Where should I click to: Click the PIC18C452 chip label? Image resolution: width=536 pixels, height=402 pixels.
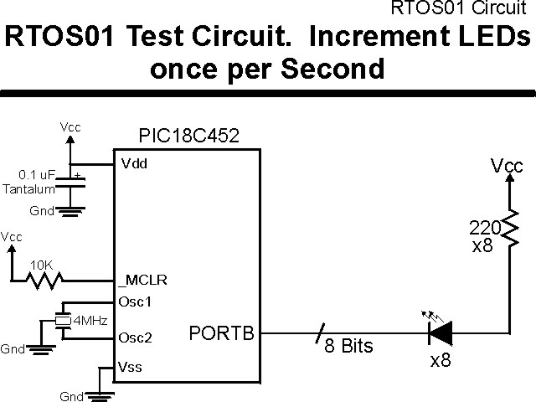[188, 136]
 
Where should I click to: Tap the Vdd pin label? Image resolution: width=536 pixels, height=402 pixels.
[134, 163]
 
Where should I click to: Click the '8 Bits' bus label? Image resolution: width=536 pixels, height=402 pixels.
[348, 345]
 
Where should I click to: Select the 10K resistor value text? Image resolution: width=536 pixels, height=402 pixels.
[41, 265]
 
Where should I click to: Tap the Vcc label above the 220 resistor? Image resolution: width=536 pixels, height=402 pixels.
[507, 167]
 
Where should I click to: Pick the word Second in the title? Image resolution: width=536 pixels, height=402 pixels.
[331, 68]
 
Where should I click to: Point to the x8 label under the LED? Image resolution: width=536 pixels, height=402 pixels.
[441, 362]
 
